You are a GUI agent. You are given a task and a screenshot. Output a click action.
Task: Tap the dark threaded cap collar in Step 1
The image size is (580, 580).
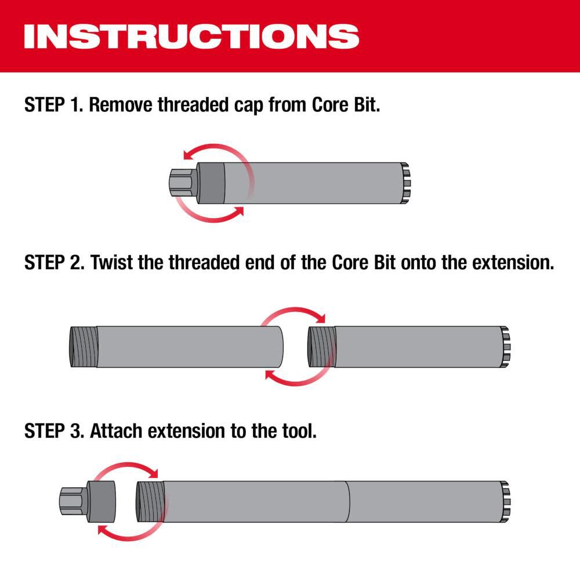click(x=211, y=183)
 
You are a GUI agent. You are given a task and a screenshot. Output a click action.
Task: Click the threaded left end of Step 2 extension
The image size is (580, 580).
click(x=82, y=346)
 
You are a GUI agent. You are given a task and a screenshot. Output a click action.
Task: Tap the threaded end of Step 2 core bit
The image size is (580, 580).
click(x=321, y=346)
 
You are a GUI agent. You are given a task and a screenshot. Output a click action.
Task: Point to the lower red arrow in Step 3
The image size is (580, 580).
click(x=125, y=531)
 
